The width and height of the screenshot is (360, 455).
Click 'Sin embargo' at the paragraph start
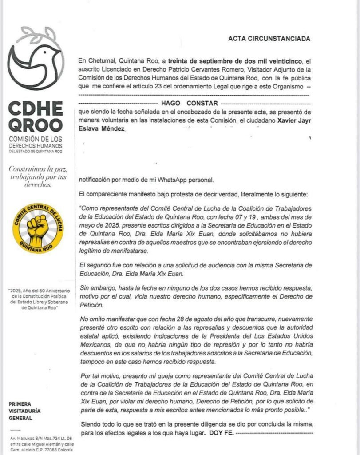(94, 288)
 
